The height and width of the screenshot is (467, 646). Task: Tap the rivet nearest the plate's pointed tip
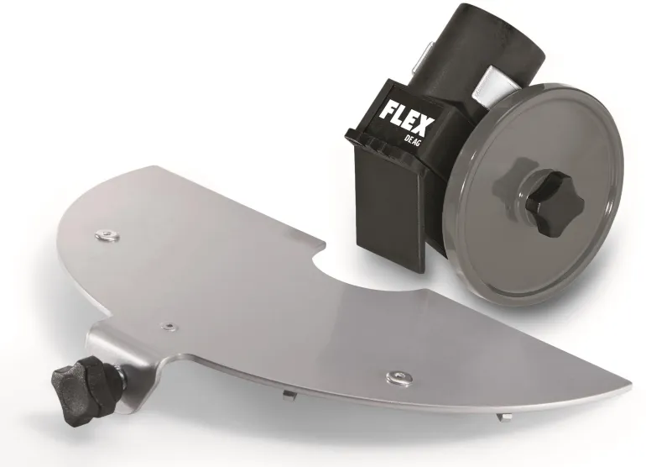coord(399,376)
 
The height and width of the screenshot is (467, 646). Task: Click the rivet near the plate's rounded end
coord(106,235)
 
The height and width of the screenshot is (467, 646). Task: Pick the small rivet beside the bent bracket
coord(168,327)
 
